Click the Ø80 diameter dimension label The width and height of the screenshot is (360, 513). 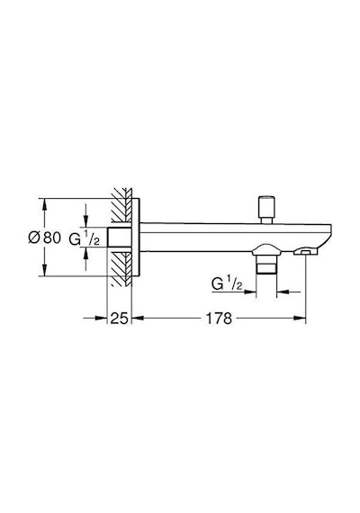tap(44, 238)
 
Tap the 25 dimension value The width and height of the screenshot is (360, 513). tap(119, 318)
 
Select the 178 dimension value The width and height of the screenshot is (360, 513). tap(219, 318)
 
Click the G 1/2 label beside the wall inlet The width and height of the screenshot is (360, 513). tap(84, 238)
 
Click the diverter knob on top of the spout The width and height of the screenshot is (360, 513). tap(266, 210)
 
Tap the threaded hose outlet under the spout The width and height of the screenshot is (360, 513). tap(266, 264)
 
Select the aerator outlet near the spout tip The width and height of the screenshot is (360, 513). tap(306, 251)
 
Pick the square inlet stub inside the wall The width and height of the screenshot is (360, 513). tap(120, 237)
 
